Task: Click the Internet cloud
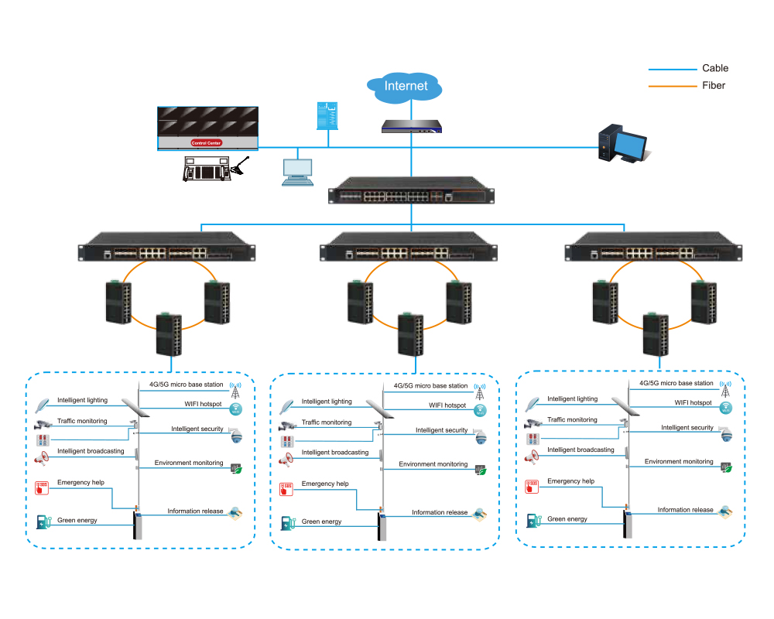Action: coord(406,86)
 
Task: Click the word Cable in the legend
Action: coord(715,68)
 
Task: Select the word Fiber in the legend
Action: coord(714,85)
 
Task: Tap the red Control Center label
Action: coord(207,143)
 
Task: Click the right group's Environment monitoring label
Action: coord(679,461)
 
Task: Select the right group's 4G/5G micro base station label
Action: coord(676,383)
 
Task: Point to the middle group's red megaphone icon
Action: coord(287,459)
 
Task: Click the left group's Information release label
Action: coord(195,511)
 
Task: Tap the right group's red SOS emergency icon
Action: coord(532,487)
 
